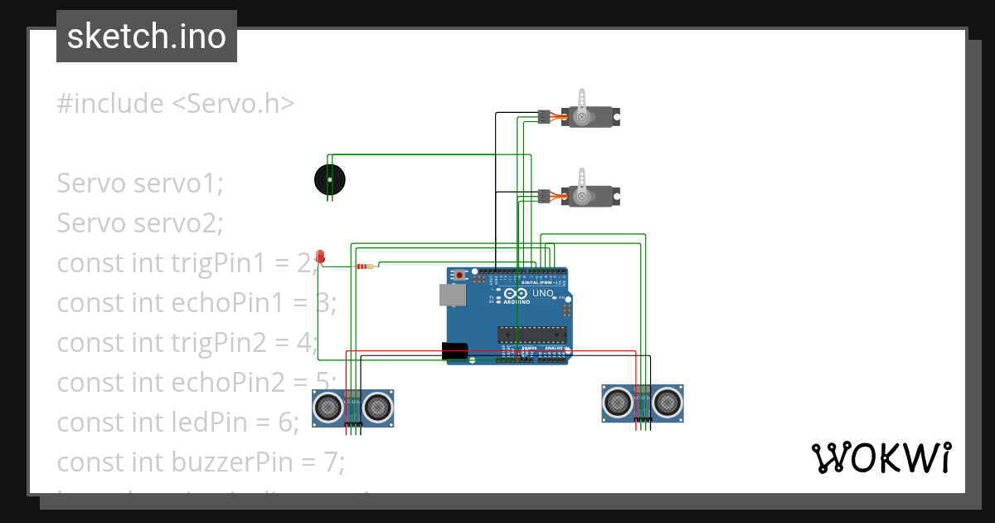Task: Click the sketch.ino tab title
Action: pos(147,37)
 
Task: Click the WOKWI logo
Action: pos(881,457)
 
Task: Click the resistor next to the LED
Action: pos(365,266)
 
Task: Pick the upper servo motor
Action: pos(590,116)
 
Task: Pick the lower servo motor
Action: pos(590,196)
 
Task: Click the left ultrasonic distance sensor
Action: pos(352,408)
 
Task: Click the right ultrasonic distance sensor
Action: pos(643,403)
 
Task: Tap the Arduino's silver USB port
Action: pos(453,295)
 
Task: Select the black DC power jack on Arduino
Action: pos(455,351)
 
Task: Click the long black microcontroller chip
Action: pos(531,334)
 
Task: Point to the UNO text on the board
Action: pos(542,294)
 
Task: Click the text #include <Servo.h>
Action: pos(176,104)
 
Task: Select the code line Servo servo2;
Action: pos(140,223)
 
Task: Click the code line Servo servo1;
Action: pos(140,183)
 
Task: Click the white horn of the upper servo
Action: pos(581,104)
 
